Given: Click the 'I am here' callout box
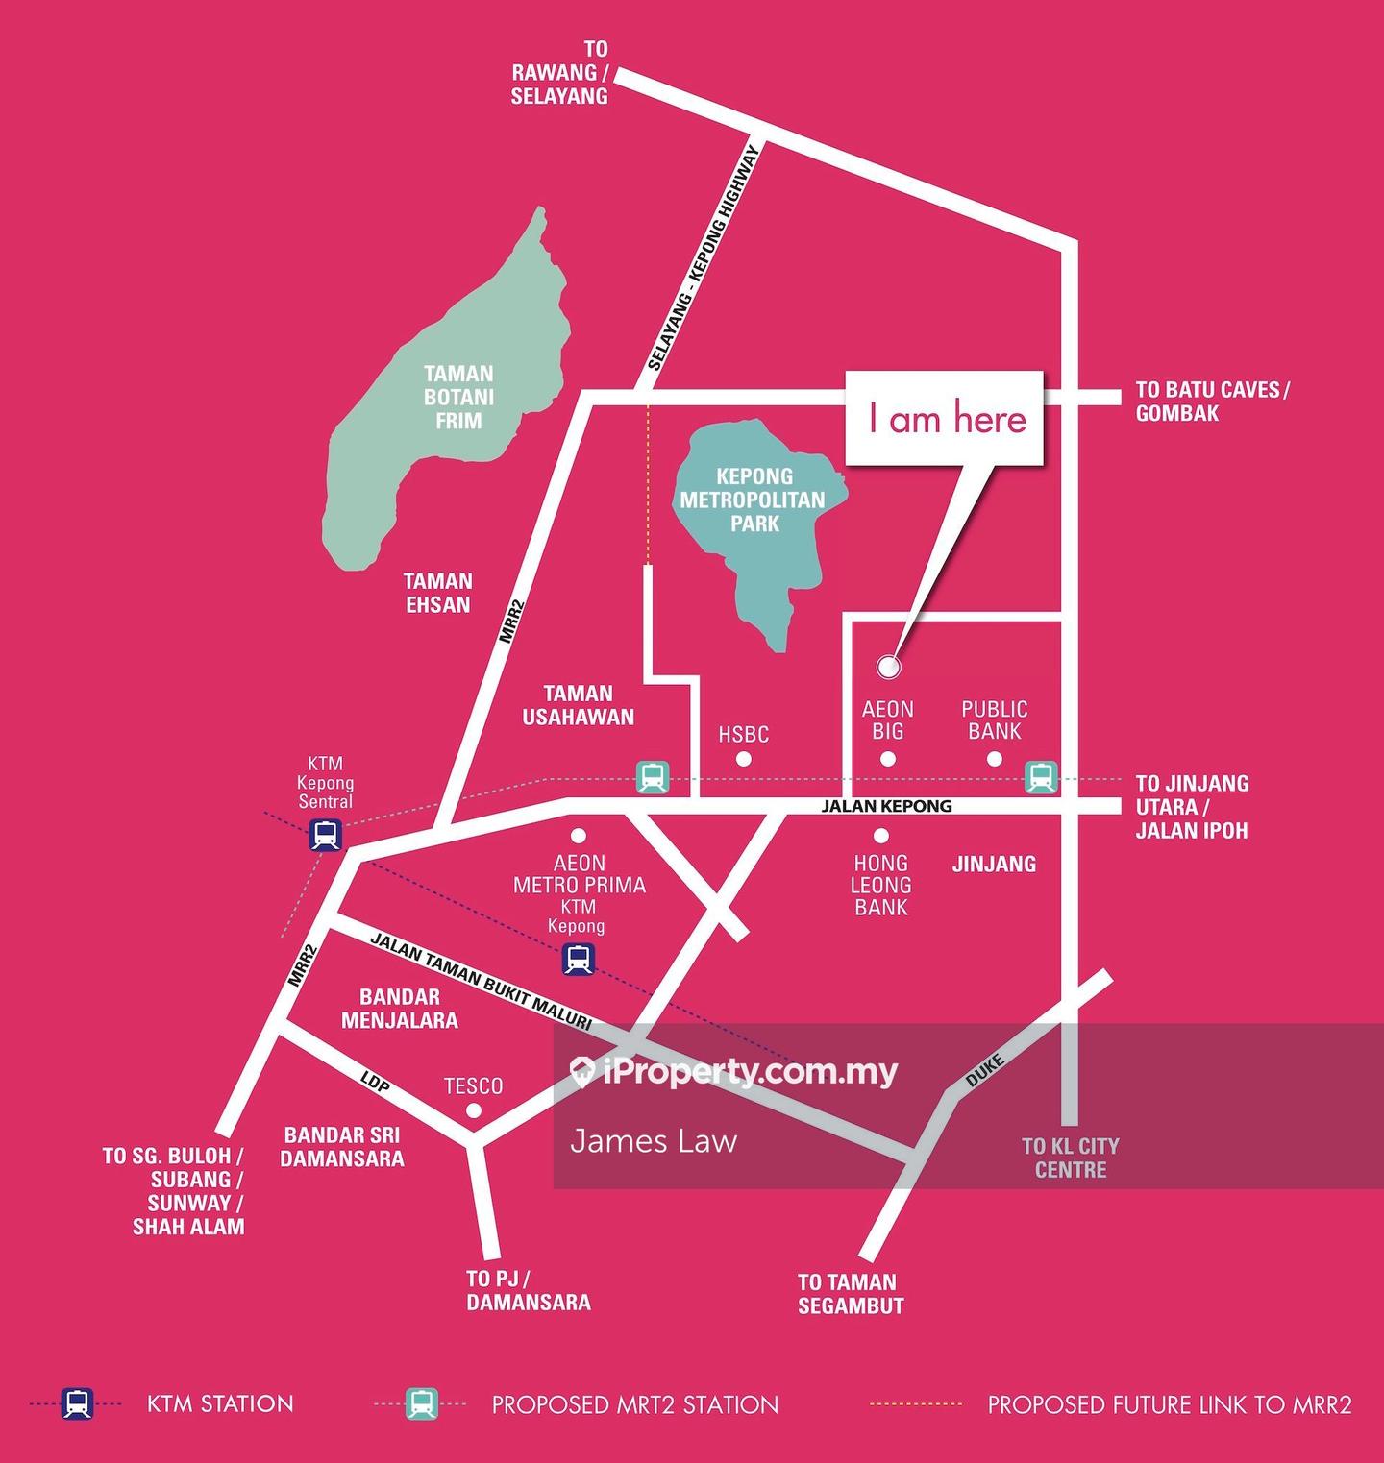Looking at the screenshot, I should (x=945, y=419).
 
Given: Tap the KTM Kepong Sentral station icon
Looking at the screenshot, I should (x=326, y=835).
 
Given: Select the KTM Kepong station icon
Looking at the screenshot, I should (x=578, y=959).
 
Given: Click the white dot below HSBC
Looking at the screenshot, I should (x=743, y=759).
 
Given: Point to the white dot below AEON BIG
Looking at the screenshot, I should (x=888, y=759).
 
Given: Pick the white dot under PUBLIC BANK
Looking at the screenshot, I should (x=995, y=759).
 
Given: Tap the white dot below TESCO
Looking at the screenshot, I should (x=473, y=1110).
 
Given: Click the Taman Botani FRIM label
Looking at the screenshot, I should (x=458, y=397).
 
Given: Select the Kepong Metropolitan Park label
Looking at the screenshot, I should (x=754, y=500).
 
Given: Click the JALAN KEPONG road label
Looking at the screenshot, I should (x=886, y=806).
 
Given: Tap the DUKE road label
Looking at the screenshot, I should (x=985, y=1070).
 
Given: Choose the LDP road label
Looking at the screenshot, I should (x=375, y=1083).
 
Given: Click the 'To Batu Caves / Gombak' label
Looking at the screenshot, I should (x=1212, y=402).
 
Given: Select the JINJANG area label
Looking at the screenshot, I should (x=994, y=864).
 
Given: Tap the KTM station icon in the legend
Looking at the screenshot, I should (x=77, y=1403).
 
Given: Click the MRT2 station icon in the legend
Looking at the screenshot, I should (x=421, y=1403).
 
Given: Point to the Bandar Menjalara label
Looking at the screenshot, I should (x=399, y=1009).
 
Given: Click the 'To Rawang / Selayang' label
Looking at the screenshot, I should (x=559, y=72).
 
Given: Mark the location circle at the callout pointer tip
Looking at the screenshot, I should (x=889, y=666).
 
